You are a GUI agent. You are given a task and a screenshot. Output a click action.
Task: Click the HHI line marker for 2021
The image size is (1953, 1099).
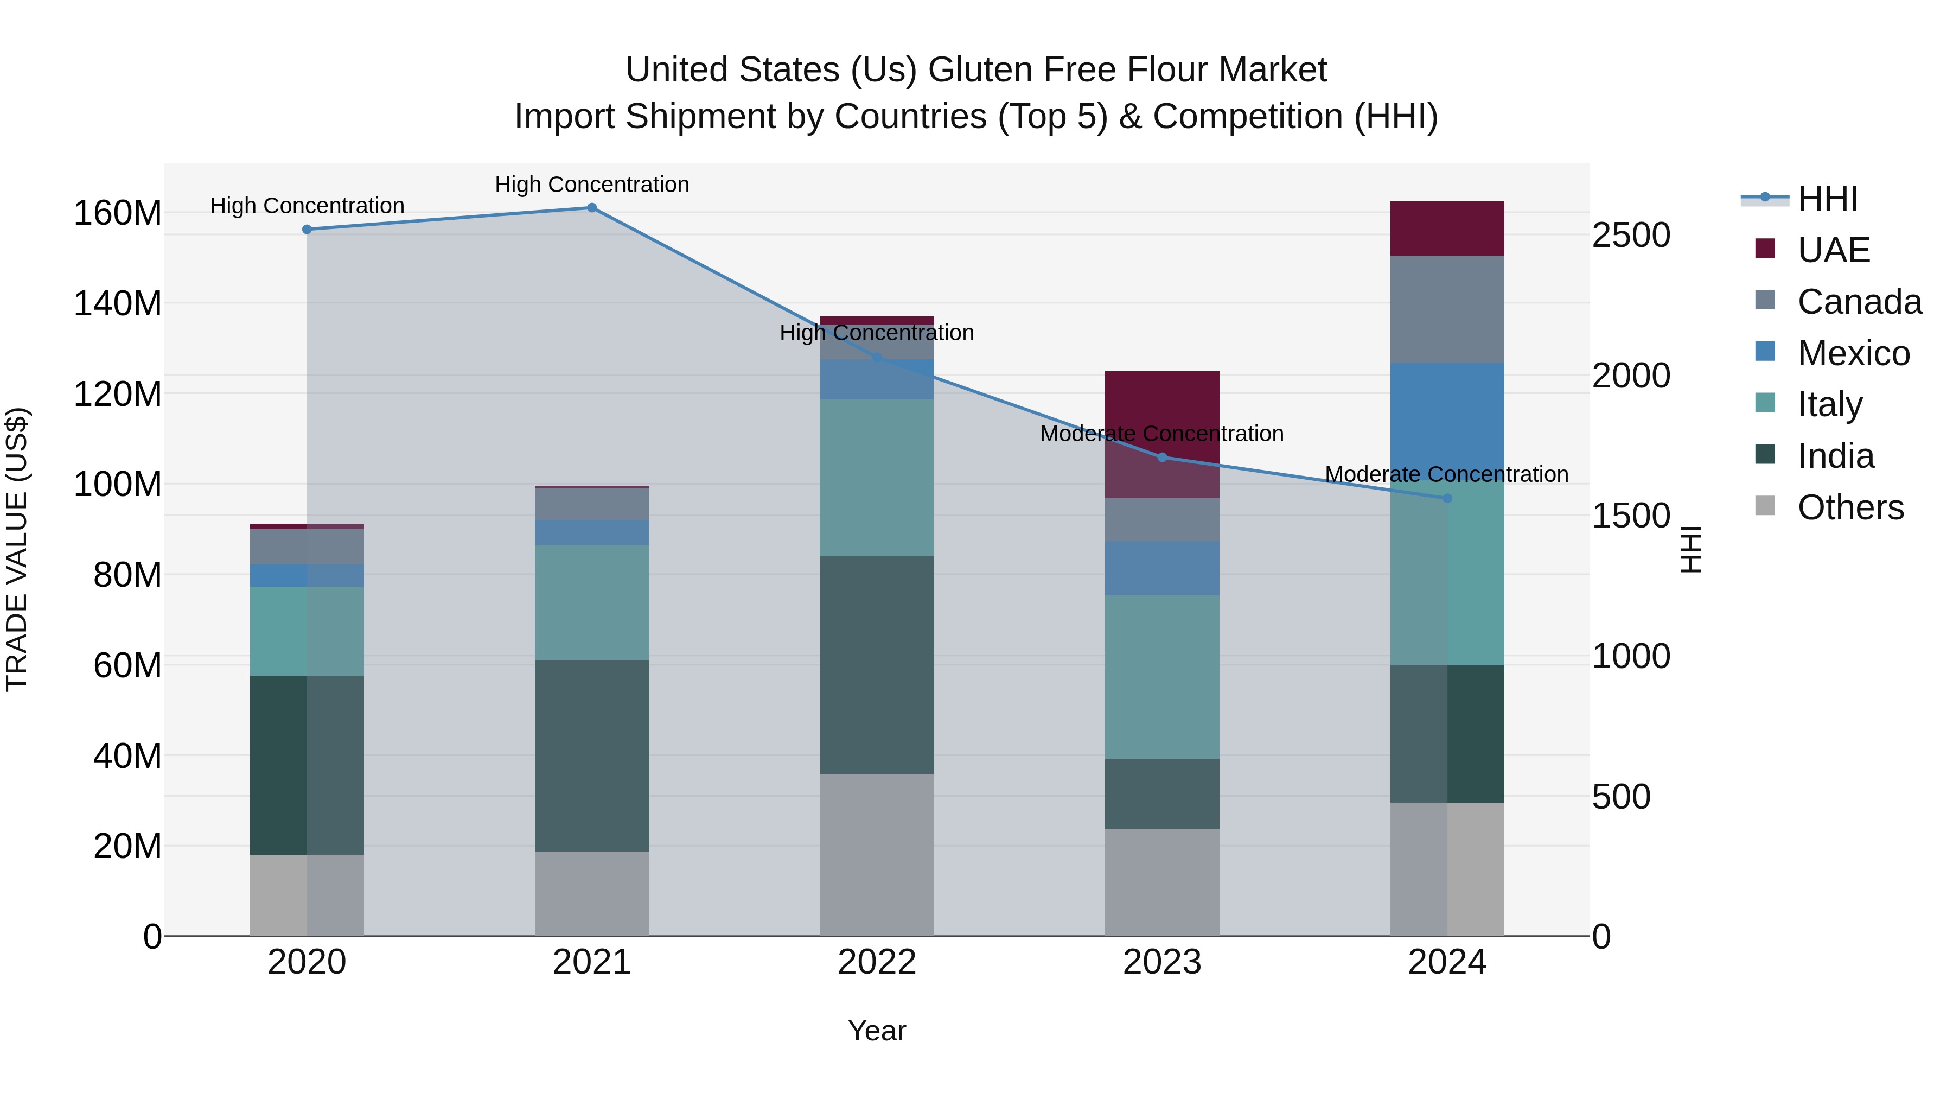(x=592, y=208)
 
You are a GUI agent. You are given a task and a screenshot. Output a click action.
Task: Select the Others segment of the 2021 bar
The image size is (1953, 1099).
(x=592, y=893)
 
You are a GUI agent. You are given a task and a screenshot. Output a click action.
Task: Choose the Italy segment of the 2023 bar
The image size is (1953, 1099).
(x=1161, y=677)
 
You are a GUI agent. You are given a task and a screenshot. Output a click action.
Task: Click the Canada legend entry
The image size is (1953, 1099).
(x=1859, y=302)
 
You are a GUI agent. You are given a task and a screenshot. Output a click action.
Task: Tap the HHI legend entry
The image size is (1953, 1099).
(x=1827, y=199)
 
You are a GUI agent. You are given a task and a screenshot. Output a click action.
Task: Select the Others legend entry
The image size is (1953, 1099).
(x=1850, y=507)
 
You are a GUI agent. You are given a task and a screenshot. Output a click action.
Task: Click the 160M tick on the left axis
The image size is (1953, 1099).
(x=118, y=213)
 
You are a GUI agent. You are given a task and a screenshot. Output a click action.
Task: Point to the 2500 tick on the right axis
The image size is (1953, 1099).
(x=1631, y=235)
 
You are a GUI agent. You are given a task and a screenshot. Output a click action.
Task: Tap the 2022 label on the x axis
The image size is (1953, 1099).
(x=877, y=962)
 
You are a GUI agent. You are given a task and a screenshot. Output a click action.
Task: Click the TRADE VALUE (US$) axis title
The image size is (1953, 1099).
(x=17, y=549)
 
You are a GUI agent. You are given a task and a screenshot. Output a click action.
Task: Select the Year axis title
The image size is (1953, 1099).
(x=877, y=1031)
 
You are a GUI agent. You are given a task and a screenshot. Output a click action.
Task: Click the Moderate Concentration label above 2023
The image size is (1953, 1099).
(x=1161, y=434)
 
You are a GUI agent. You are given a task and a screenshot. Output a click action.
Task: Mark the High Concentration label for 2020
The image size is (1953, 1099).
(x=307, y=206)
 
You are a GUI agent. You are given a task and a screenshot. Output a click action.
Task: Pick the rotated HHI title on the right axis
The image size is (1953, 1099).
(x=1690, y=549)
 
